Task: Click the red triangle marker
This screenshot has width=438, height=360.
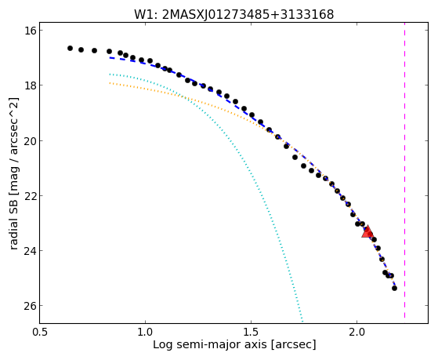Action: (x=367, y=231)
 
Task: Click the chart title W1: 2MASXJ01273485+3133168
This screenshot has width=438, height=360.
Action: (x=233, y=15)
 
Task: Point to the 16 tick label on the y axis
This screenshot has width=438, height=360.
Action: (x=29, y=31)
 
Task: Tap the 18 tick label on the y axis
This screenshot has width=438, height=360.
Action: (x=29, y=85)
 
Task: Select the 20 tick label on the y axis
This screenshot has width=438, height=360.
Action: (x=29, y=140)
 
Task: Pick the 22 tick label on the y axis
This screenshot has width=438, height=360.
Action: (x=29, y=195)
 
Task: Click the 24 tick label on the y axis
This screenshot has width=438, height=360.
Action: (x=29, y=250)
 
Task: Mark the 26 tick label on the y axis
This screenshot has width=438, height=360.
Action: (x=29, y=305)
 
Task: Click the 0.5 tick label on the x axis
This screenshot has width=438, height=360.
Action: (x=39, y=333)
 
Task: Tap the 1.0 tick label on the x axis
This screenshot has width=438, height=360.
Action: (x=145, y=333)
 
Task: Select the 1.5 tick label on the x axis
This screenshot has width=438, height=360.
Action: (x=251, y=333)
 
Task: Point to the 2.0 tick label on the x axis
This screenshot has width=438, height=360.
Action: (x=357, y=333)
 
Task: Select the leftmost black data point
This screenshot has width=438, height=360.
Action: (x=70, y=49)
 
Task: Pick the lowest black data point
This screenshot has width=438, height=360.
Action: (x=394, y=288)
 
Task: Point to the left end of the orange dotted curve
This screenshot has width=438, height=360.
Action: (x=110, y=83)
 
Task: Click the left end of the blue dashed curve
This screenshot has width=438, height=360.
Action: (x=110, y=57)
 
